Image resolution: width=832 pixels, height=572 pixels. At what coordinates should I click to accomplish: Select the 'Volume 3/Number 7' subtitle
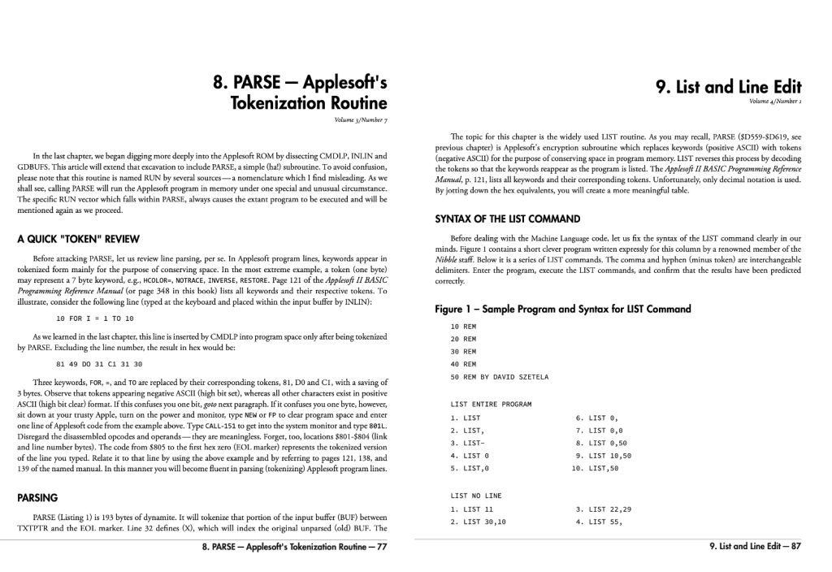361,120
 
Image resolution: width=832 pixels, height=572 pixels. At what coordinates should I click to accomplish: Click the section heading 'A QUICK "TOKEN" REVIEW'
78,239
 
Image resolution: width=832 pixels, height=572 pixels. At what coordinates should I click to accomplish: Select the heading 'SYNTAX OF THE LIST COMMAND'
508,219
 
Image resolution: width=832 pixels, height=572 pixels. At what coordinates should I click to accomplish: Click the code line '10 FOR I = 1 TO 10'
94,318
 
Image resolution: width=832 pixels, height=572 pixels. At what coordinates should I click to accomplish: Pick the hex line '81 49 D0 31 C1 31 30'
99,363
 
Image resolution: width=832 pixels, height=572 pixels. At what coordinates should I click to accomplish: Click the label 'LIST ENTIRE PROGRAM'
491,404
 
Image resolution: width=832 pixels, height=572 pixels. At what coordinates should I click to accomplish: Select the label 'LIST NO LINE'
476,495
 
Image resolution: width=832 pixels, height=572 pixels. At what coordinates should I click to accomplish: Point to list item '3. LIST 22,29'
604,509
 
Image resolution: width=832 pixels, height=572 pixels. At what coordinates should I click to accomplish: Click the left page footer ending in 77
294,547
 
